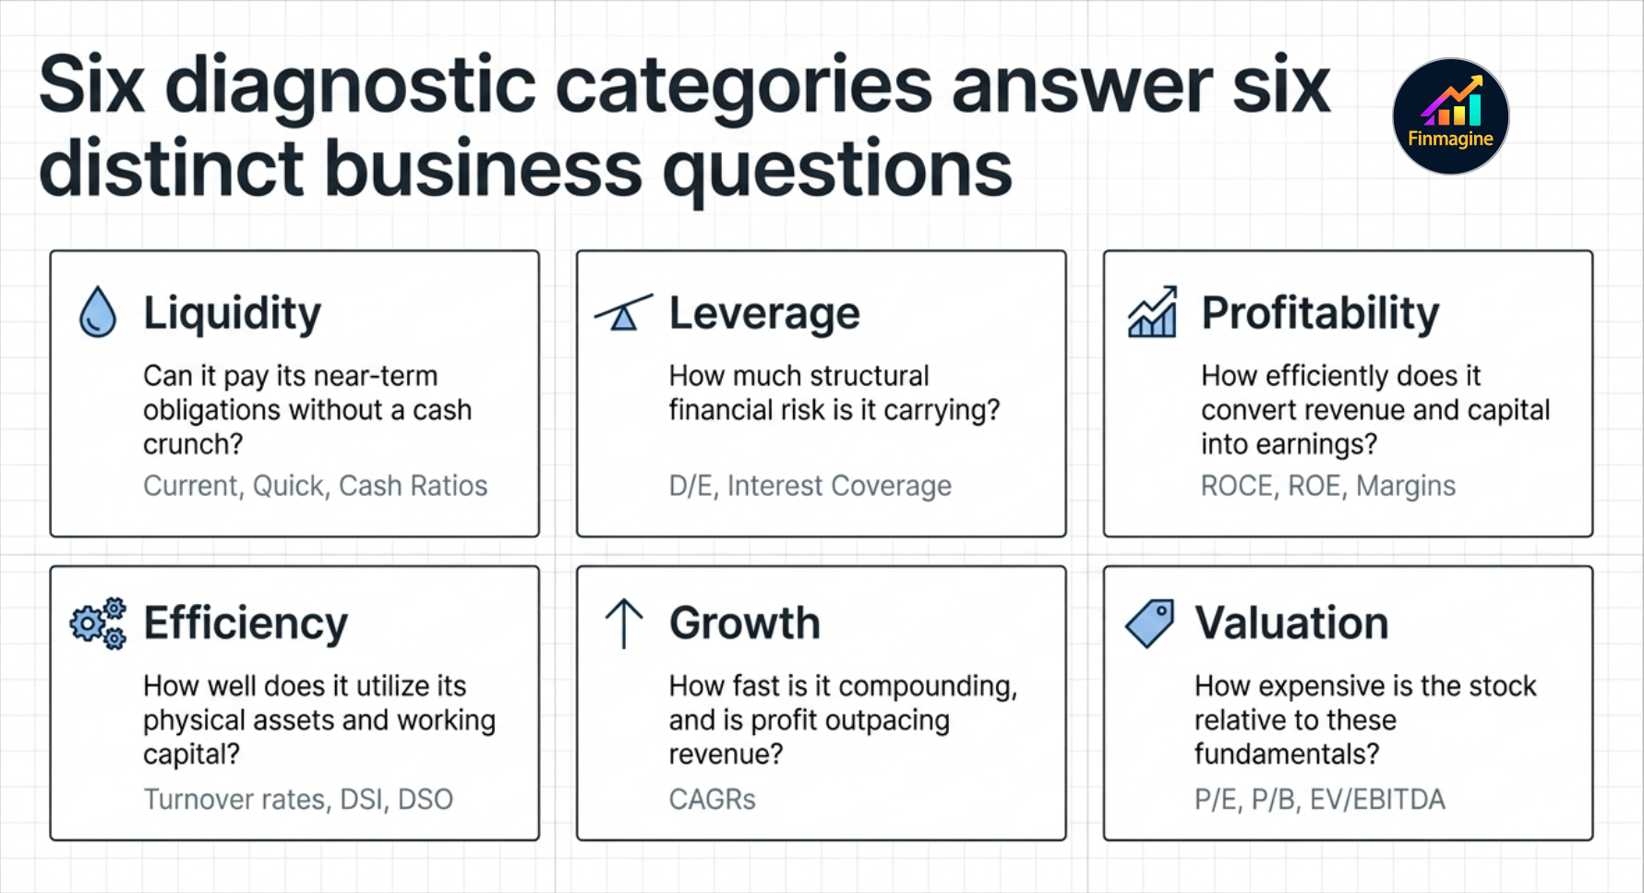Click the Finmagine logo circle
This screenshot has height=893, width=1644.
point(1450,116)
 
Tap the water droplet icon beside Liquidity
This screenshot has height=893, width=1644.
point(98,312)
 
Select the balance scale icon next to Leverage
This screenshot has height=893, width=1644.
point(623,313)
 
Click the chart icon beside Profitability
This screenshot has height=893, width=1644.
point(1152,312)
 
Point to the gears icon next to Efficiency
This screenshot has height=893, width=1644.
point(98,623)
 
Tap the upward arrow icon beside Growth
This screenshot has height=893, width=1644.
point(624,623)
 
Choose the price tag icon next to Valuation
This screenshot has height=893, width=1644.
point(1150,623)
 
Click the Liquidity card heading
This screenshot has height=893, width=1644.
point(232,313)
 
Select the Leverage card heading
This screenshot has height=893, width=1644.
point(764,313)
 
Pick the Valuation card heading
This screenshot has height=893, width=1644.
point(1291,623)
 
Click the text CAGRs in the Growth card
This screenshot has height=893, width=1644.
point(712,799)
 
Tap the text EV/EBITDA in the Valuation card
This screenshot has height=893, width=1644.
point(1377,799)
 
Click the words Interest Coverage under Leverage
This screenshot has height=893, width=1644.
point(839,486)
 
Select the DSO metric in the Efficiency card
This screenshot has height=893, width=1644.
point(425,799)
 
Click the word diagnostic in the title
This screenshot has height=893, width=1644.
point(350,86)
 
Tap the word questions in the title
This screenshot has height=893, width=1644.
point(837,170)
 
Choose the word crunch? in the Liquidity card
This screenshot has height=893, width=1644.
point(193,444)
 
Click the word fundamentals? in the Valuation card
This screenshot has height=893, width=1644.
point(1287,754)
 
